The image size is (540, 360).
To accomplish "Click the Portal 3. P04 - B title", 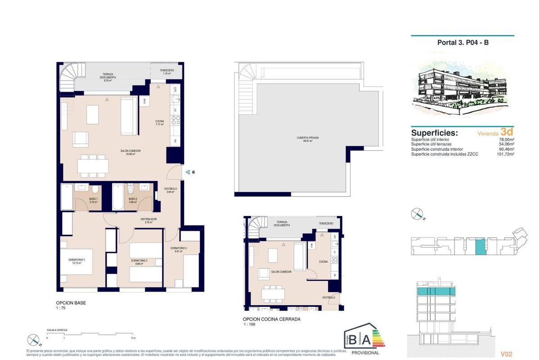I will click(462, 43).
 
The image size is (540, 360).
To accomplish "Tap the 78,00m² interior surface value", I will click(506, 140).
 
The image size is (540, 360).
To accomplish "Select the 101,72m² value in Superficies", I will click(505, 154).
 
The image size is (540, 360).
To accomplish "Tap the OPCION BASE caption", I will click(71, 303).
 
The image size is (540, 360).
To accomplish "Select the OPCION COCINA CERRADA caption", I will click(272, 319).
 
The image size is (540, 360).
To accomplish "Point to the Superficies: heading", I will click(434, 133).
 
